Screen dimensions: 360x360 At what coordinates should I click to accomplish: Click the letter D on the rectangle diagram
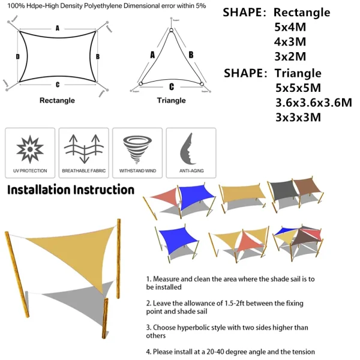point(18,56)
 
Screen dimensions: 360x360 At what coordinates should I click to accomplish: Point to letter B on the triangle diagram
point(190,55)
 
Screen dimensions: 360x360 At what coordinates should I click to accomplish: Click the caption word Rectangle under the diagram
point(57,100)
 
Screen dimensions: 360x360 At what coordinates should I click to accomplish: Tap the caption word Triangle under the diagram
point(171,100)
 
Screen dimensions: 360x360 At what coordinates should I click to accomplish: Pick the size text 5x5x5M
point(298,88)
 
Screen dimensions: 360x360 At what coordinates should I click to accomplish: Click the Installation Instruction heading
point(70,190)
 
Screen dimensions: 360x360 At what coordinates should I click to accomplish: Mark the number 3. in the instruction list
point(148,328)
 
